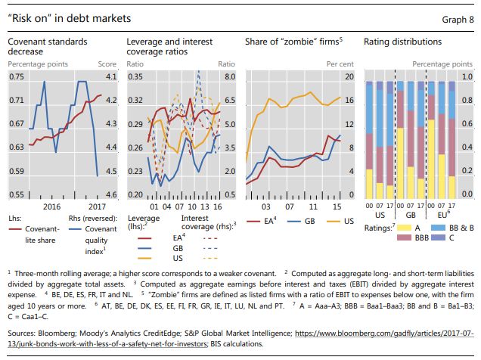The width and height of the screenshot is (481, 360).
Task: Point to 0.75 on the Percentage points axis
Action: click(x=17, y=77)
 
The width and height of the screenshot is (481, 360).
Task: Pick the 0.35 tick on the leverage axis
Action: click(x=135, y=77)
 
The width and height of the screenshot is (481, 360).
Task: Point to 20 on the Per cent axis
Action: click(x=349, y=77)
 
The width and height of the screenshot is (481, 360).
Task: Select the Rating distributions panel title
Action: click(x=403, y=41)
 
